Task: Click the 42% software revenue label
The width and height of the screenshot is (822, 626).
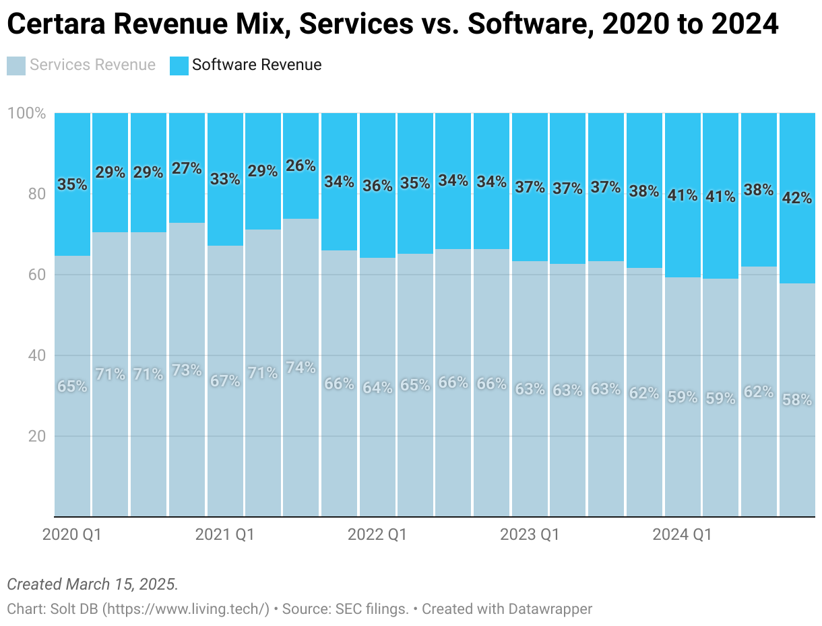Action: [x=797, y=199]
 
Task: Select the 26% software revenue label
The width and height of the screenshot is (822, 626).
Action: [x=301, y=166]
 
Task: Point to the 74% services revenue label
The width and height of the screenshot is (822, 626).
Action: [x=301, y=368]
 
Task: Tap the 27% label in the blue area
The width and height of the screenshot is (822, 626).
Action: [x=187, y=168]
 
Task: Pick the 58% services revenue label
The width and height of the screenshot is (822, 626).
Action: [x=797, y=400]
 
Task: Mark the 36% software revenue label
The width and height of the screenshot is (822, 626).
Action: [x=377, y=186]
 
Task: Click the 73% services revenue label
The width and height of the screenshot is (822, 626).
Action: [x=187, y=370]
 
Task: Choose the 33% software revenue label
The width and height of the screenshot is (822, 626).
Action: [x=225, y=179]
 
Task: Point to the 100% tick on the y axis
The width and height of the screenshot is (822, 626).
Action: [x=26, y=113]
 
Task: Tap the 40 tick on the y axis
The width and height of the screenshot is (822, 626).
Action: [x=36, y=355]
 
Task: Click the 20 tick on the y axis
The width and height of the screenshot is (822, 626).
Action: [x=36, y=436]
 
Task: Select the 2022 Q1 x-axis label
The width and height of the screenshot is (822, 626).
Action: [x=377, y=535]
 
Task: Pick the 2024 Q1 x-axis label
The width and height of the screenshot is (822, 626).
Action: [x=682, y=535]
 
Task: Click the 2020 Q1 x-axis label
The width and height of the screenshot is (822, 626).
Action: [x=71, y=535]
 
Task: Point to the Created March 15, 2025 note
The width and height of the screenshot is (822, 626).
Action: [x=92, y=584]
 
